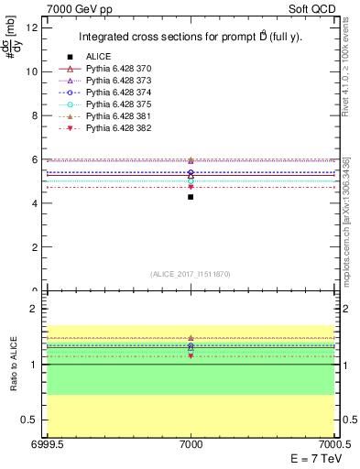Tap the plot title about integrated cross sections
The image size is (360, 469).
point(191,38)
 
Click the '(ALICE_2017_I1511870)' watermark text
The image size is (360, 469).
point(191,274)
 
